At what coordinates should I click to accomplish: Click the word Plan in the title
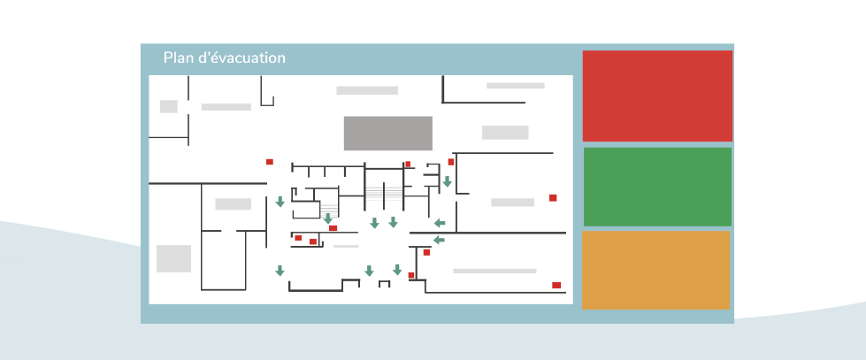177,58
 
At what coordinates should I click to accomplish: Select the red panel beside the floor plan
657,96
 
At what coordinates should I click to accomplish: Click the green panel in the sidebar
657,187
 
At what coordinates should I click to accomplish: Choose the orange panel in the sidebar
655,270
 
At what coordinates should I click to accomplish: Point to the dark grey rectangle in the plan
388,133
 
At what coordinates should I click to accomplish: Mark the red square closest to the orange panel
556,285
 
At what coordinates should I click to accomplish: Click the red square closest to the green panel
553,197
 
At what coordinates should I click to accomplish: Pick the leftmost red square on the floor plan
270,162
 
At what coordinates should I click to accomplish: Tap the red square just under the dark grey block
408,164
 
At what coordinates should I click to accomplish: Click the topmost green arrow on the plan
448,182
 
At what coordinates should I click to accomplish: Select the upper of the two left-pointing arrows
440,223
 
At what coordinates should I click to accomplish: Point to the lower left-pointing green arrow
439,240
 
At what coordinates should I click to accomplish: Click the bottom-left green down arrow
280,271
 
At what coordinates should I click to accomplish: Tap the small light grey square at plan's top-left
168,106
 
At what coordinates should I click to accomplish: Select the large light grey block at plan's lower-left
173,258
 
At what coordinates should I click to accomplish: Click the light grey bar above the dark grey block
367,90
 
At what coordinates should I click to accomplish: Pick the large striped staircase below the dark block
384,194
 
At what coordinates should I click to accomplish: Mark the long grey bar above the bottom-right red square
494,271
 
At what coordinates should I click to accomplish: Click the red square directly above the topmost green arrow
451,162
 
